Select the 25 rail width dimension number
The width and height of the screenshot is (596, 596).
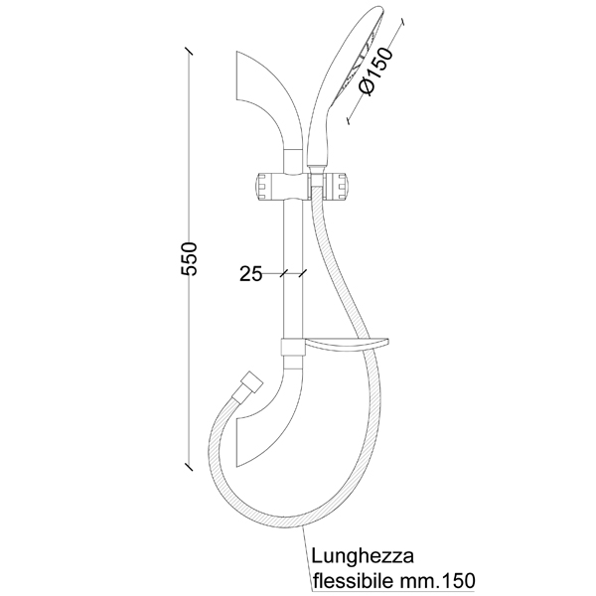pyautogui.click(x=250, y=273)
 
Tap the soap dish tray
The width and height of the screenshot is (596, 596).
pyautogui.click(x=345, y=346)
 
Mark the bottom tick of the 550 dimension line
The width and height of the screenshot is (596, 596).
pyautogui.click(x=189, y=464)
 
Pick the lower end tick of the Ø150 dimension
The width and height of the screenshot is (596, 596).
pyautogui.click(x=350, y=121)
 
